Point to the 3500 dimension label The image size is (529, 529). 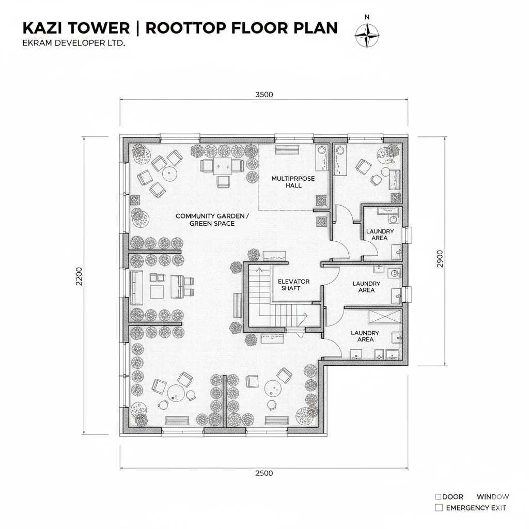pos(264,95)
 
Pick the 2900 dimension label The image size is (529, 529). pos(440,259)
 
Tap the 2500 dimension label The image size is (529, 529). pos(264,473)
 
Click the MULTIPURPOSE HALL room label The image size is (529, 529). pos(293,182)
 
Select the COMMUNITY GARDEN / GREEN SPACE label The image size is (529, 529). pos(212,220)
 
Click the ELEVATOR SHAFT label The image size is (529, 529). pos(293,285)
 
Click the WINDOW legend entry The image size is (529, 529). pos(493,497)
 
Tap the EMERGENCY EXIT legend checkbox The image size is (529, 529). pos(439,508)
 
